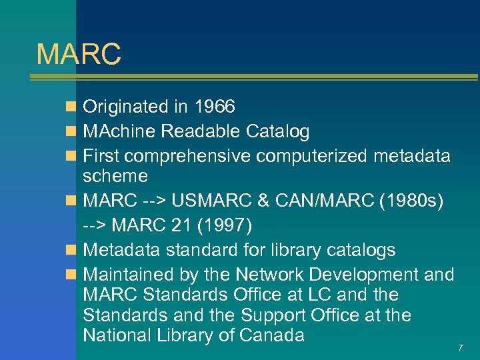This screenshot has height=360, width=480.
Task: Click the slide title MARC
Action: point(79,54)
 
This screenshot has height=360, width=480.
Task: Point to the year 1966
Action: point(214,107)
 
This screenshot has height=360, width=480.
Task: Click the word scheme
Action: point(115,176)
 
